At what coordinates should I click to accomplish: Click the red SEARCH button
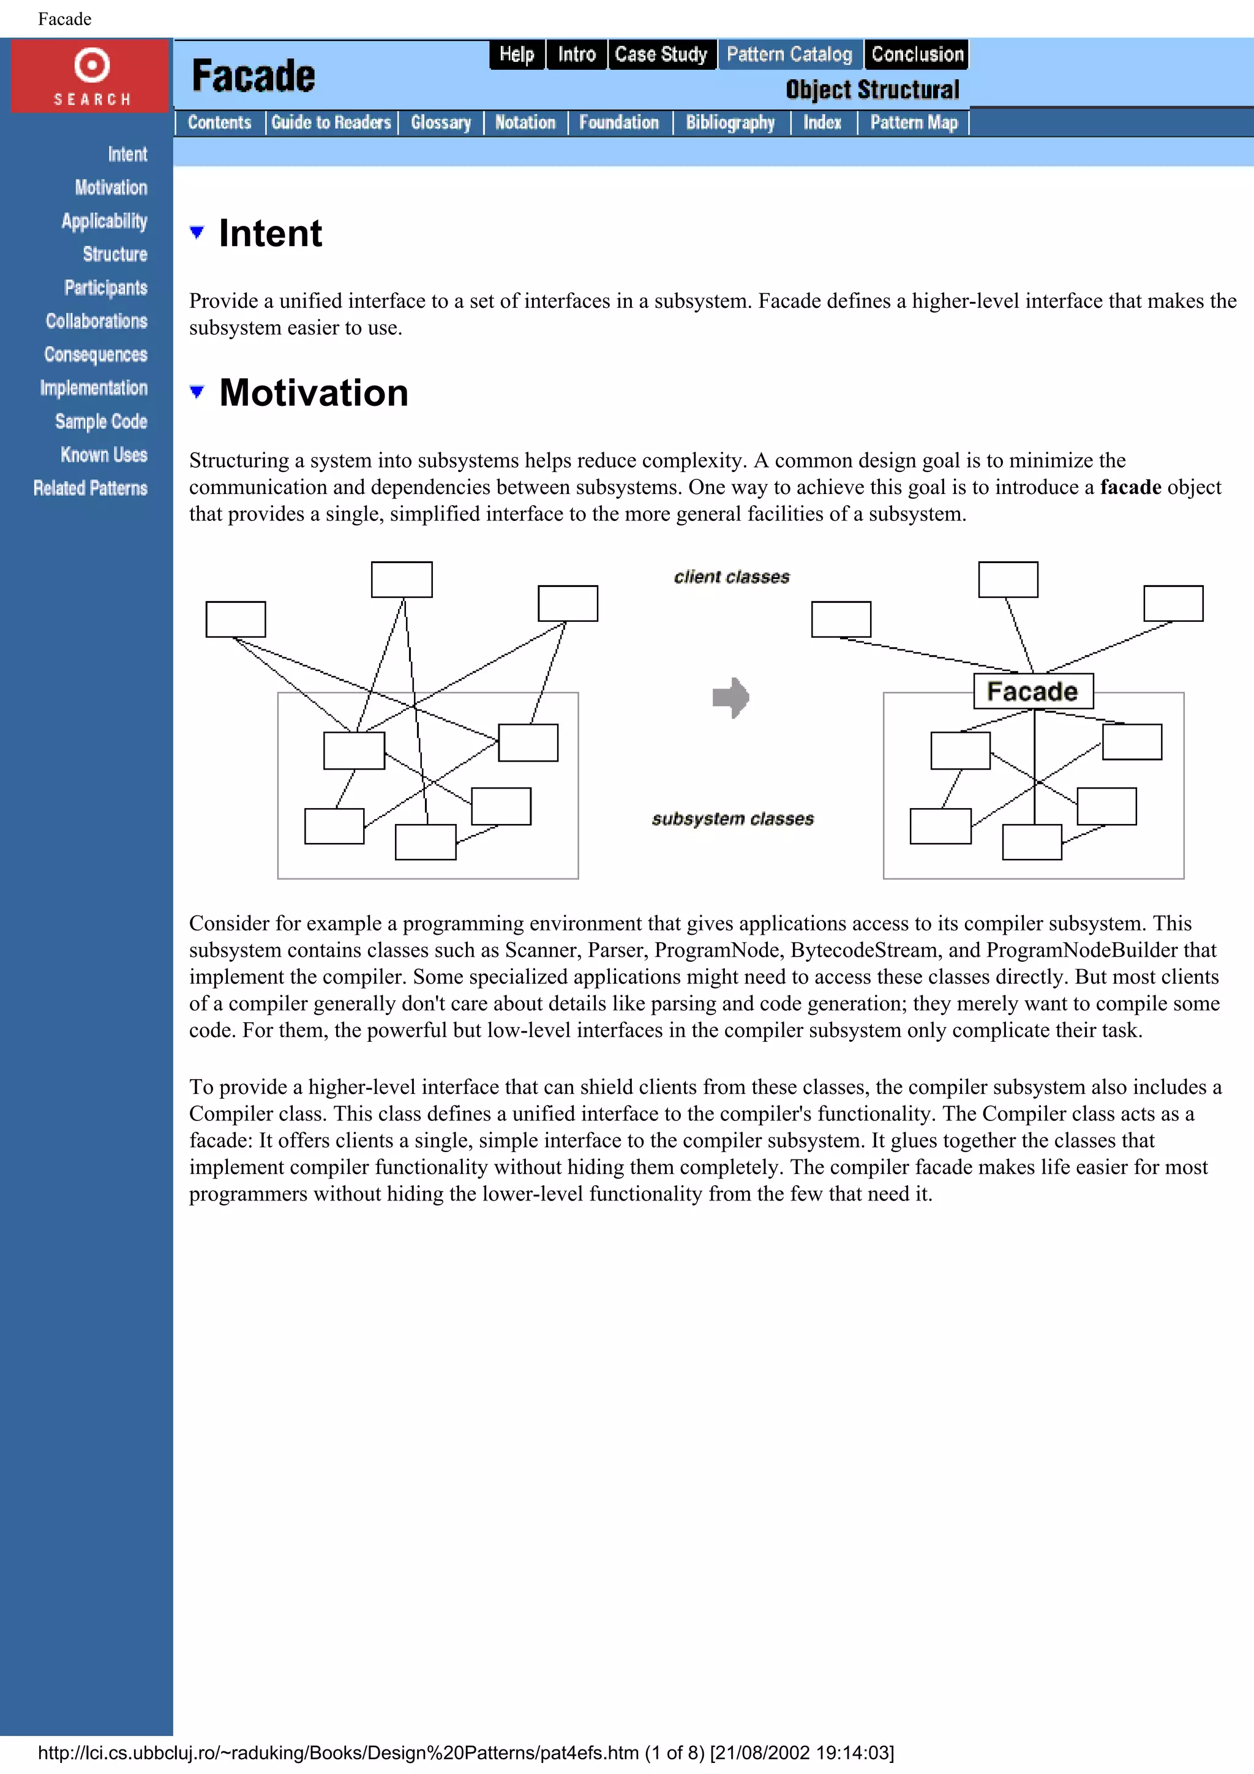[x=91, y=76]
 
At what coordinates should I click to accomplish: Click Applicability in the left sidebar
[x=104, y=221]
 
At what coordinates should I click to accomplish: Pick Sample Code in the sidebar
[x=101, y=422]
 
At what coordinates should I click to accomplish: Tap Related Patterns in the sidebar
[x=91, y=488]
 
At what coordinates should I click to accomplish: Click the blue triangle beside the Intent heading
[x=197, y=232]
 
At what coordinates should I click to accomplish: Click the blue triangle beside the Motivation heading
[x=197, y=392]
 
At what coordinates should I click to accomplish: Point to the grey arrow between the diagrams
[x=730, y=698]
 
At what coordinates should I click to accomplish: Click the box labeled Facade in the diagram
[x=1032, y=691]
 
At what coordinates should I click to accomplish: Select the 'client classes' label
[x=731, y=577]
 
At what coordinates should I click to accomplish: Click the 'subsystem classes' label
[x=732, y=819]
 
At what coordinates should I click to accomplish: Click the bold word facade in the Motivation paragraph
[x=1130, y=487]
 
